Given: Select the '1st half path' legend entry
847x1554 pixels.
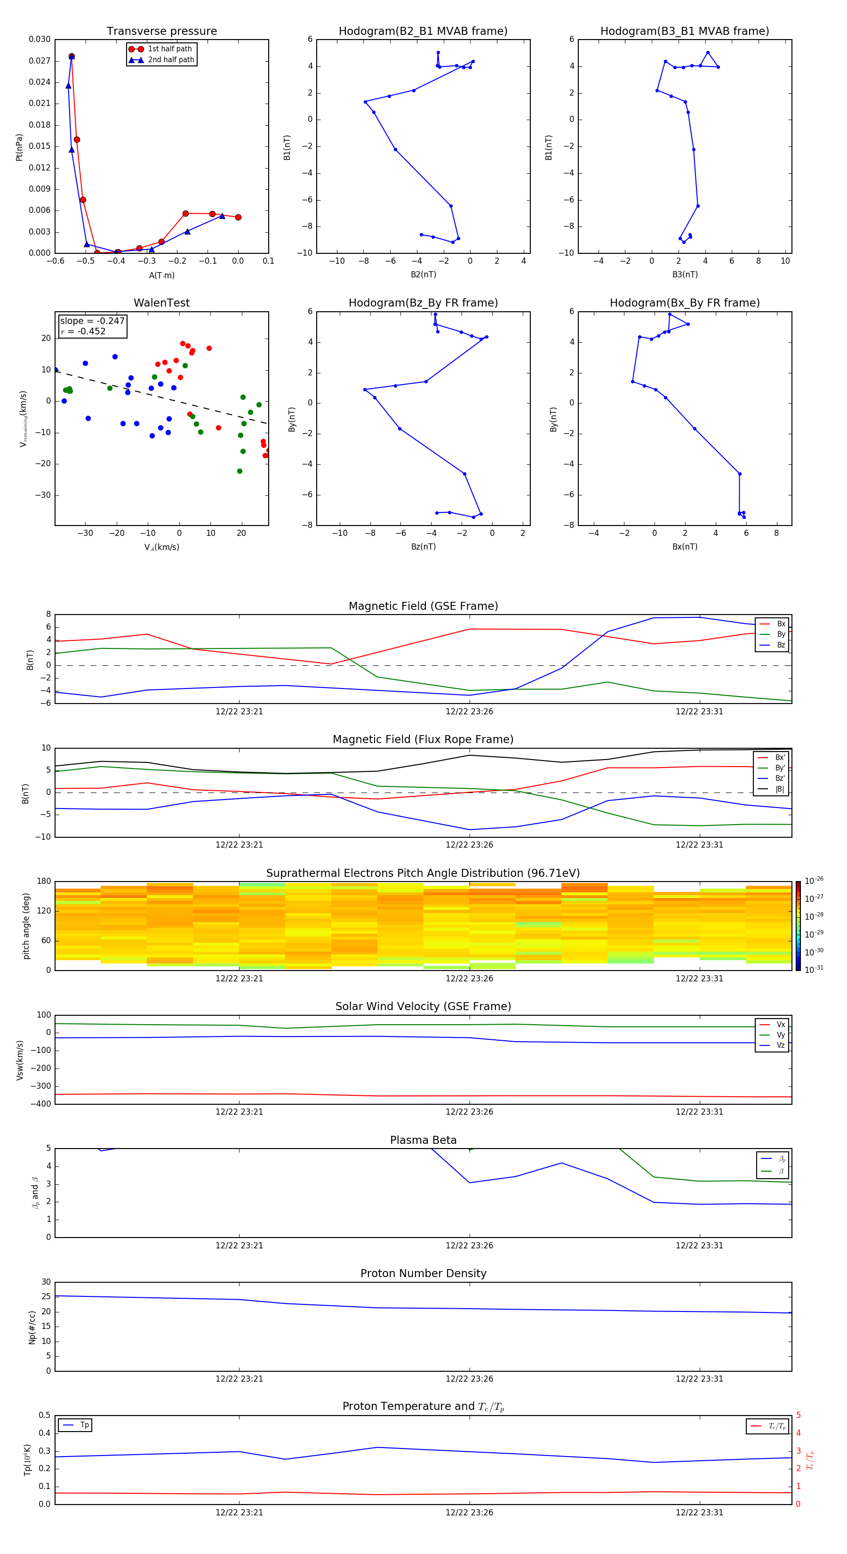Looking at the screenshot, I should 169,49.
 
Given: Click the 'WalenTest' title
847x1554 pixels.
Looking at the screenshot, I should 161,303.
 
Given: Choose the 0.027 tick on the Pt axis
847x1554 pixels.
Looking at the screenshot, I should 40,61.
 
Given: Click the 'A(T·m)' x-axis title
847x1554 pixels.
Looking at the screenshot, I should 161,275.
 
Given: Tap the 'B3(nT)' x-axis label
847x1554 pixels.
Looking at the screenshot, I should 685,275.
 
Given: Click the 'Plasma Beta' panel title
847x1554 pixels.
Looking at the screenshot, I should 423,1140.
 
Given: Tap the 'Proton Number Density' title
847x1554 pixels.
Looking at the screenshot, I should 423,1273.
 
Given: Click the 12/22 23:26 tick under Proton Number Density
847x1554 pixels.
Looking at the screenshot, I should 469,1378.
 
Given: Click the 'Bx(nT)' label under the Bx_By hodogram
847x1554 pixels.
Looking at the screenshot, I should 685,547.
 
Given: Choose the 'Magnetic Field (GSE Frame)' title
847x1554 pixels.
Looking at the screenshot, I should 423,606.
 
